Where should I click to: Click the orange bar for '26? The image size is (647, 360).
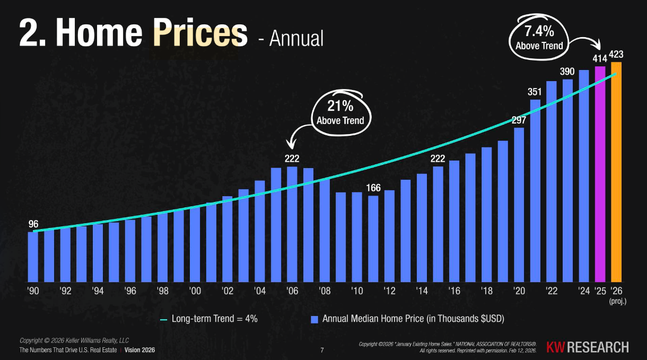[x=616, y=172]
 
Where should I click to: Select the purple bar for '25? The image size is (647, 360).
[x=600, y=175]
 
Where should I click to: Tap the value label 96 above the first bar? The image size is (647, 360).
[x=33, y=224]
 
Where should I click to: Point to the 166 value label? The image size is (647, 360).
[x=374, y=188]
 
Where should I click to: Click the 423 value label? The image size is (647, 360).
[x=616, y=54]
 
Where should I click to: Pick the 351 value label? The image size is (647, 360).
[x=535, y=92]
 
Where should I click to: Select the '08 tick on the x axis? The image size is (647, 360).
[x=325, y=291]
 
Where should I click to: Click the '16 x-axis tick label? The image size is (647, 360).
[x=454, y=291]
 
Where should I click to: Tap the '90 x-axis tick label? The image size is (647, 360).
[x=33, y=291]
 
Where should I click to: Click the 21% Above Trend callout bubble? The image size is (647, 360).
[x=340, y=112]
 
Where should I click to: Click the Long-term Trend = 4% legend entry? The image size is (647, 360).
[x=208, y=319]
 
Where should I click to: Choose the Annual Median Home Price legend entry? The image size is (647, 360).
[x=407, y=319]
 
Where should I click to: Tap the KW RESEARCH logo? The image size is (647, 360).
[x=588, y=347]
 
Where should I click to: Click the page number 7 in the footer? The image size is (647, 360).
[x=322, y=350]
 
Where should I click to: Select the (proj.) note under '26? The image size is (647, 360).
[x=618, y=301]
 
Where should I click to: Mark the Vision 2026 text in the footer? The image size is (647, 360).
[x=140, y=350]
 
